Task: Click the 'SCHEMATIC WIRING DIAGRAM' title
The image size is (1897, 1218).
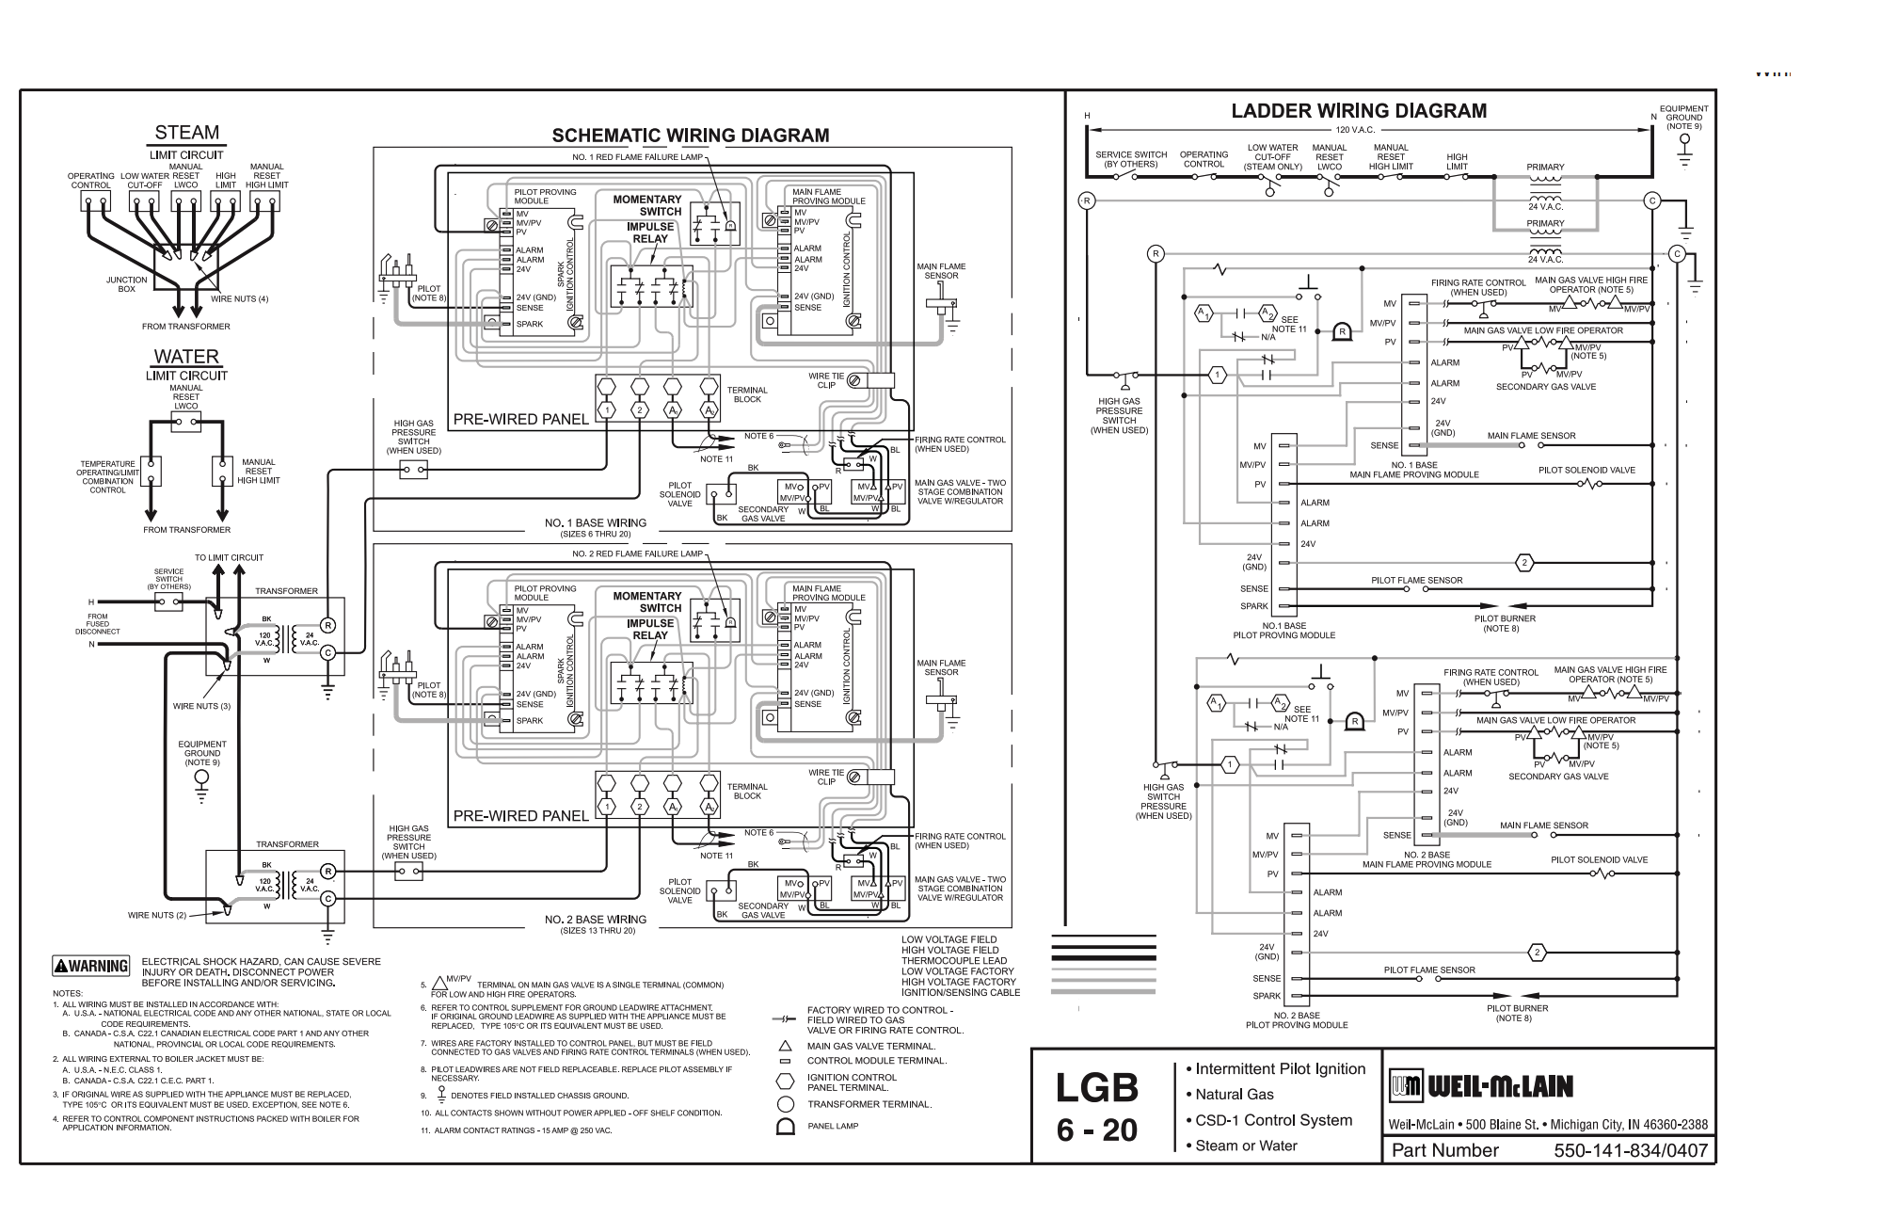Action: point(690,136)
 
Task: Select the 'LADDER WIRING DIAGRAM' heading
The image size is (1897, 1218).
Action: point(1359,111)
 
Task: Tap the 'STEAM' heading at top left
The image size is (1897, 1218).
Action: point(186,133)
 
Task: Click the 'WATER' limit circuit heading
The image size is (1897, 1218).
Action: point(186,357)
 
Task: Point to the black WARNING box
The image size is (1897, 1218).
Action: point(91,966)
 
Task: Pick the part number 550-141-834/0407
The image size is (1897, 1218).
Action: point(1630,1150)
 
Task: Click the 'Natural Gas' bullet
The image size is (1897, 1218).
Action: point(1234,1095)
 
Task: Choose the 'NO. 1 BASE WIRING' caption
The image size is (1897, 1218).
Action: point(596,522)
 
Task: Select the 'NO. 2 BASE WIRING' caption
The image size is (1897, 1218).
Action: point(596,920)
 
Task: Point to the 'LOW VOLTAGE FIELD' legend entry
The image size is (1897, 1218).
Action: point(948,939)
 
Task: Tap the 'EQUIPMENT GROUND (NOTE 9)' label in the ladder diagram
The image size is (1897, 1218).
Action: point(1683,117)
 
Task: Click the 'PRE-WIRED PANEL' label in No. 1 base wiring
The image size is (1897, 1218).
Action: point(520,419)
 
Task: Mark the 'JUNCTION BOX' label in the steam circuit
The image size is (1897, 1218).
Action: point(126,284)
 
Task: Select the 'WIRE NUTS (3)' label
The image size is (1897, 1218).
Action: point(201,706)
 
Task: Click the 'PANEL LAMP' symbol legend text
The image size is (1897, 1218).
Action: point(833,1126)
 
